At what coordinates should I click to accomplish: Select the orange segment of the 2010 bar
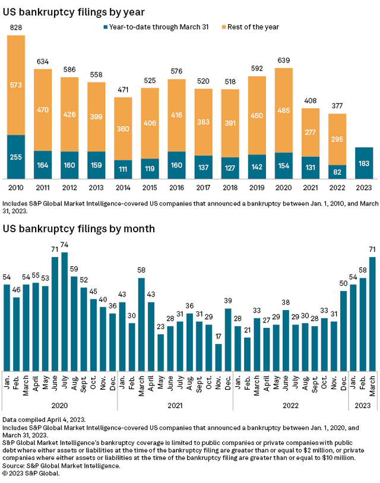16,85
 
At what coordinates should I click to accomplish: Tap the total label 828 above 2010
16,29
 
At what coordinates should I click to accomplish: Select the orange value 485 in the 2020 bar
284,110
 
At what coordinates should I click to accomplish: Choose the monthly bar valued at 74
64,312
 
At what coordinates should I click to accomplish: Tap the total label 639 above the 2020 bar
284,61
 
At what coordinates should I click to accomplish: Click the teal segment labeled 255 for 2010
16,157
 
